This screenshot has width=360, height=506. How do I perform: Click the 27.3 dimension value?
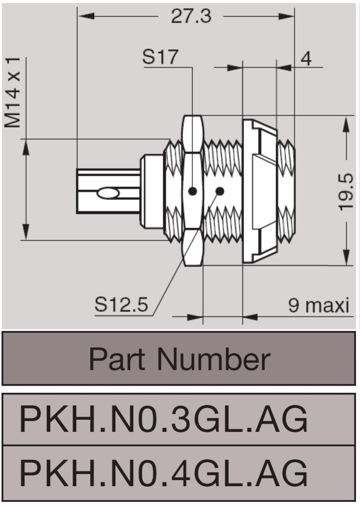pos(191,16)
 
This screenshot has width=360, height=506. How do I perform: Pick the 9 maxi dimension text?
pos(319,305)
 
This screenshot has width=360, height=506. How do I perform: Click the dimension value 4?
pos(306,58)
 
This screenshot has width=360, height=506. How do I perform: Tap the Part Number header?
pos(179,359)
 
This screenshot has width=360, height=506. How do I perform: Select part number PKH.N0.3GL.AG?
pos(163,420)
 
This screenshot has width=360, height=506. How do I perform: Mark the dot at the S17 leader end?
pos(192,191)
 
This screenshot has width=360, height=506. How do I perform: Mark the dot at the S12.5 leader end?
pos(220,191)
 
